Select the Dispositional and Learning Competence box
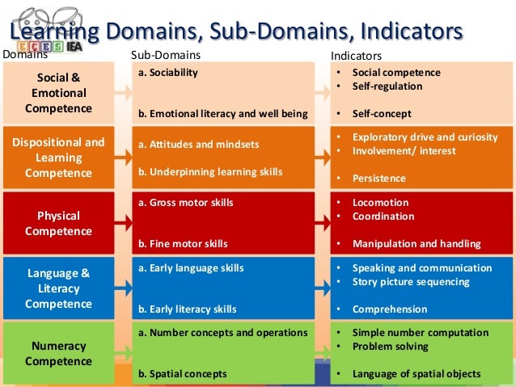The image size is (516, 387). point(58,157)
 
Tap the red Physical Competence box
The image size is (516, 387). point(58,223)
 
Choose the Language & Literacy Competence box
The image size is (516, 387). point(58,288)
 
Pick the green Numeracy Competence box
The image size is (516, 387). point(58,353)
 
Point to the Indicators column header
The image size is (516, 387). point(357,57)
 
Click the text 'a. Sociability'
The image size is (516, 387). point(168,72)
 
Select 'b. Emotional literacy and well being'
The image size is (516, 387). point(222,113)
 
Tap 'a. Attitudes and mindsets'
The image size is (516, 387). point(198,145)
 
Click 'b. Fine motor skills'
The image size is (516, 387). point(182,243)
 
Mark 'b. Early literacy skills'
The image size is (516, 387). point(187,309)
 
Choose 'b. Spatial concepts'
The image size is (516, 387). point(182,373)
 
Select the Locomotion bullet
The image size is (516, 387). point(380,203)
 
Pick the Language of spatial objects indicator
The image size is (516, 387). point(416,373)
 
